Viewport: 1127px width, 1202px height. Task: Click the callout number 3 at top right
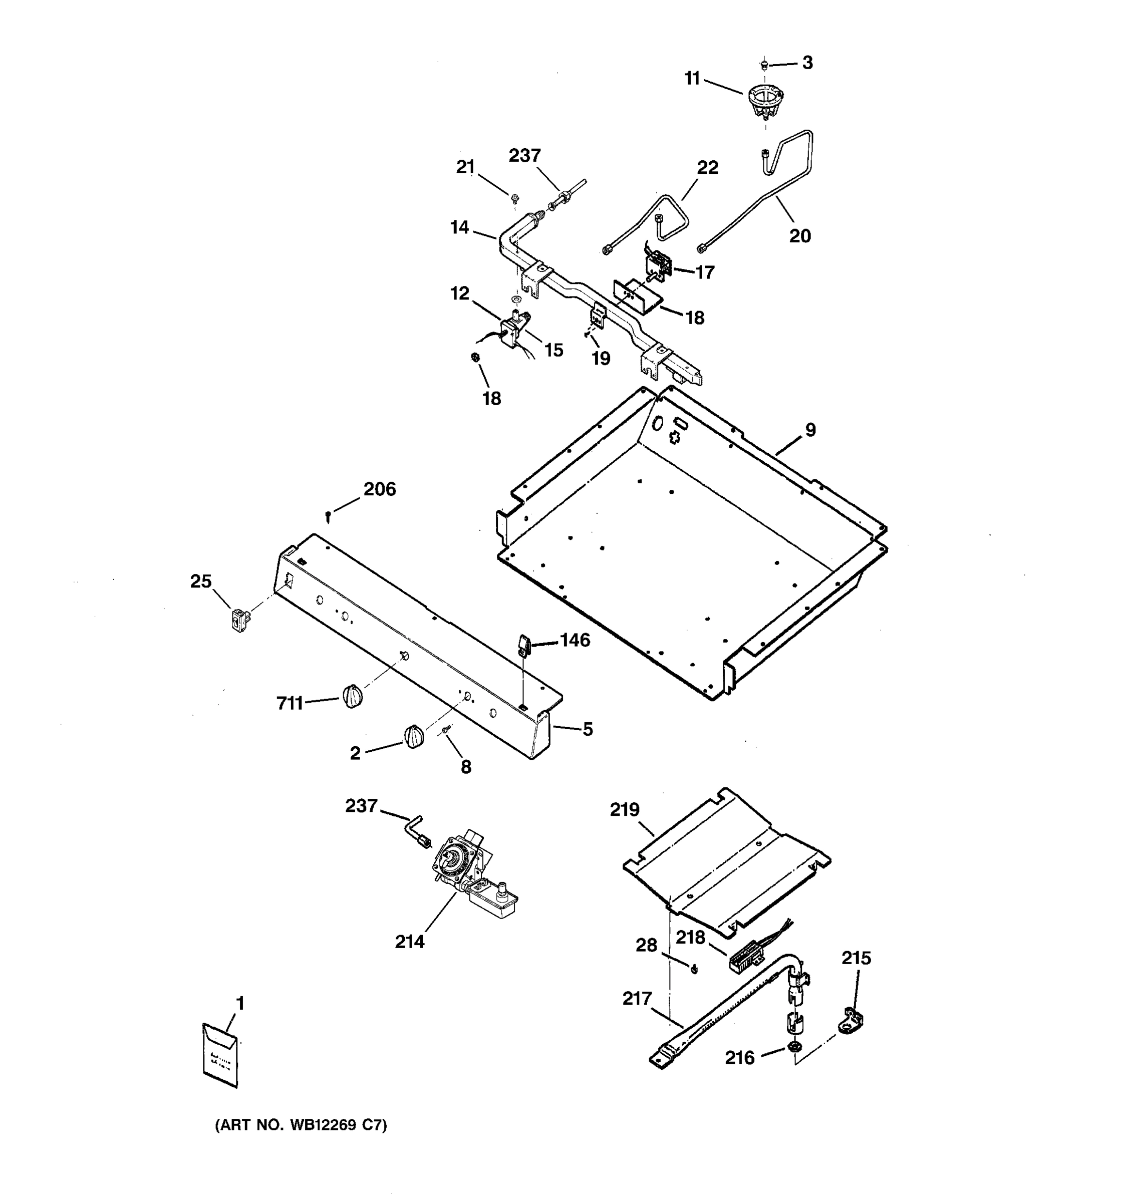click(807, 63)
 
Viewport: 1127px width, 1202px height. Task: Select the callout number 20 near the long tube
click(799, 236)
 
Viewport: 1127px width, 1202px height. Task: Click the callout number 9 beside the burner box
click(810, 430)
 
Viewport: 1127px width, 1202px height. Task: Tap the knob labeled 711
click(353, 696)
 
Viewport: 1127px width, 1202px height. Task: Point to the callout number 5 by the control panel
click(587, 729)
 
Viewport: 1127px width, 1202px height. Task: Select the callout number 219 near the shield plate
click(625, 809)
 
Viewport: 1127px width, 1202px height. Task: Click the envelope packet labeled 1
click(220, 1056)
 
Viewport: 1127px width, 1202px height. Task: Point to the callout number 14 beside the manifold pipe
click(459, 227)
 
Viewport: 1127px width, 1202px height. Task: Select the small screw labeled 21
click(514, 197)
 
